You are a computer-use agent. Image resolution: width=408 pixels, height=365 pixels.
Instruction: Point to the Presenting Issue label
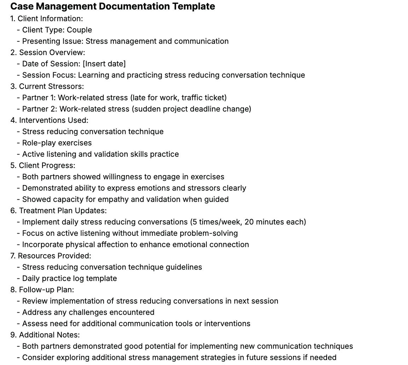pyautogui.click(x=53, y=41)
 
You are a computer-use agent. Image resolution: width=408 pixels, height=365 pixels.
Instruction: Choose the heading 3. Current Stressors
pyautogui.click(x=47, y=86)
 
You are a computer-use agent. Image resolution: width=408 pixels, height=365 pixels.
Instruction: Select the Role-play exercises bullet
pyautogui.click(x=57, y=143)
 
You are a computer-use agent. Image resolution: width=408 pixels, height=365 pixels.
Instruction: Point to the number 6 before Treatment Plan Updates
pyautogui.click(x=13, y=211)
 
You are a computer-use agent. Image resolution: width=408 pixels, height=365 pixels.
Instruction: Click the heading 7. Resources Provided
pyautogui.click(x=51, y=256)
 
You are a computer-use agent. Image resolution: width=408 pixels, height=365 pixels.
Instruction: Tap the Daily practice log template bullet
pyautogui.click(x=69, y=279)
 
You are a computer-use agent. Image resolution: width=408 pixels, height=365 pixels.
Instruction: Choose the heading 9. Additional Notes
pyautogui.click(x=45, y=335)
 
